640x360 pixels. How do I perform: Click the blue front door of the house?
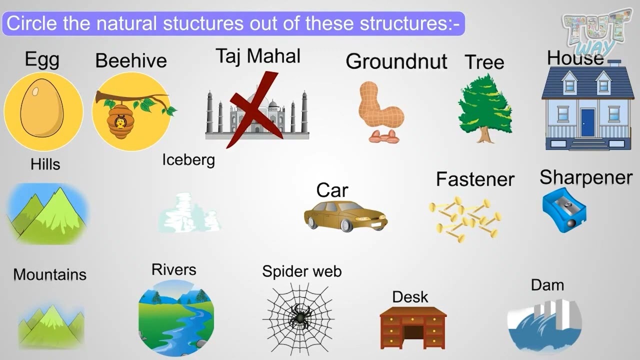pos(587,123)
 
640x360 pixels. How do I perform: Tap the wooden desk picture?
pos(413,327)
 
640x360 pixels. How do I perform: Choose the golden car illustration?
pos(345,215)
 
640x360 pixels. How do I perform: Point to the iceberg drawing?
pos(189,214)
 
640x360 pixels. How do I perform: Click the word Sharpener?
pos(586,177)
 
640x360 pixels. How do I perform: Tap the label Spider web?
pos(301,271)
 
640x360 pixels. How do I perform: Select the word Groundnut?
pos(396,61)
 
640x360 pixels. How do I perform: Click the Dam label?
pos(547,285)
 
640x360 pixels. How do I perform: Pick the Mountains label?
pos(49,274)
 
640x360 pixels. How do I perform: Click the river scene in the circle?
pos(176,317)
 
